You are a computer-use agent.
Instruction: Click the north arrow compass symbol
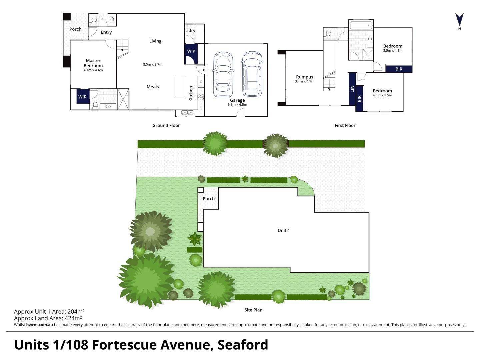(x=459, y=20)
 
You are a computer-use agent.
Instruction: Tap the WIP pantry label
(x=191, y=51)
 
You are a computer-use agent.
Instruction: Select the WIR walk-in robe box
(x=83, y=97)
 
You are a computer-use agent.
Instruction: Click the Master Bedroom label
(x=93, y=63)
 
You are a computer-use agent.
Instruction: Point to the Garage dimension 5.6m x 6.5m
(x=237, y=105)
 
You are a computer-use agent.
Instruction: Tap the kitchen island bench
(x=180, y=86)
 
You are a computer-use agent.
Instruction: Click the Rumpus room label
(x=305, y=77)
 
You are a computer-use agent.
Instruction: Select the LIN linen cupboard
(x=352, y=89)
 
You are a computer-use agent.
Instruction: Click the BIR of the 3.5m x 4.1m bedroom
(x=399, y=69)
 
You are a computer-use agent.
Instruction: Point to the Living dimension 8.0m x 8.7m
(x=153, y=64)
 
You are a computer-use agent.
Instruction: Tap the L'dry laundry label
(x=190, y=31)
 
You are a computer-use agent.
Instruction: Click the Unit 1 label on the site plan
(x=284, y=230)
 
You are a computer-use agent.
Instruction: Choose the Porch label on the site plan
(x=209, y=199)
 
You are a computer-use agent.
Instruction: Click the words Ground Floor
(x=166, y=125)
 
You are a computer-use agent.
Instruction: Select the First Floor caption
(x=345, y=125)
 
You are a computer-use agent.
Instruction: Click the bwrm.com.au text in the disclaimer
(x=39, y=325)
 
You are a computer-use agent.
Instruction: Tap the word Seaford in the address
(x=243, y=345)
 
